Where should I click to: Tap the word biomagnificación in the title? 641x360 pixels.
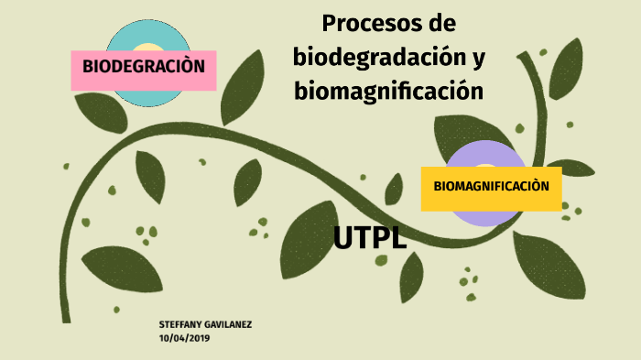click(388, 91)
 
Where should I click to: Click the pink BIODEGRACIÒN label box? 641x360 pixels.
click(143, 67)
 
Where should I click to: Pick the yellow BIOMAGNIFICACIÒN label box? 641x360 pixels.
click(491, 187)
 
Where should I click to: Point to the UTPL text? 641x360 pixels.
click(370, 238)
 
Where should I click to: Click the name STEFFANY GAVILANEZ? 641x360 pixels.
click(205, 326)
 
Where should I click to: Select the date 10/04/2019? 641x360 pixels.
click(184, 339)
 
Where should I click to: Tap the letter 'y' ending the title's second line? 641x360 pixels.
click(478, 59)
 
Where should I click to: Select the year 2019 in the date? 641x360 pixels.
click(198, 339)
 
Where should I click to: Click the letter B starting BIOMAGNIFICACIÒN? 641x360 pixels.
click(438, 187)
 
